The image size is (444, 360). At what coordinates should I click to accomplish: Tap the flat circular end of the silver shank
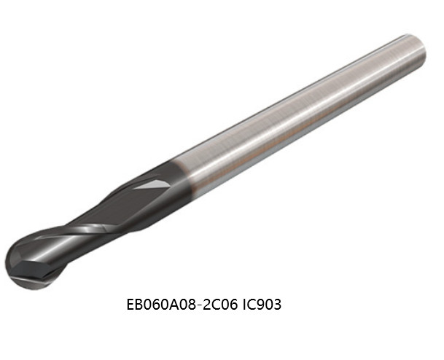point(417,50)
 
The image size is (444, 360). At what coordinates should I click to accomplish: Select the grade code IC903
point(262,305)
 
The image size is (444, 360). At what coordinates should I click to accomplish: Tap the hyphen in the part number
point(199,305)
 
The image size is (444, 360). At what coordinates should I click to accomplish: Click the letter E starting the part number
point(130,305)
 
